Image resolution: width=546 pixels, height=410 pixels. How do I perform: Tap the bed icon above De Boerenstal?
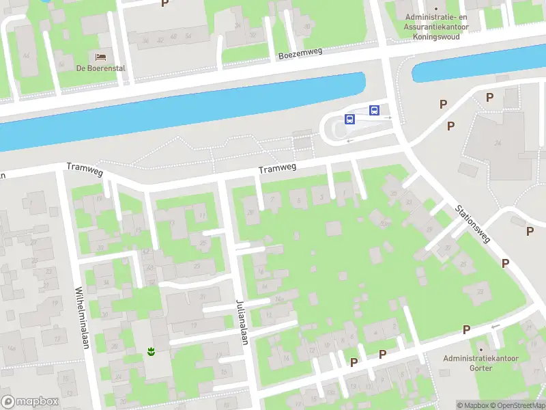coord(101,56)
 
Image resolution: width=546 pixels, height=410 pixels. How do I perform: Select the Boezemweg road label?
coord(300,53)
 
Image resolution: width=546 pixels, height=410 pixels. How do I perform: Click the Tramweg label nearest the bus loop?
coord(277,169)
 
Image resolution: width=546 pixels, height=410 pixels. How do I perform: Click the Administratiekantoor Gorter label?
coord(480,363)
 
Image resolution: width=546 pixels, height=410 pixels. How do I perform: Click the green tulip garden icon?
coord(150,352)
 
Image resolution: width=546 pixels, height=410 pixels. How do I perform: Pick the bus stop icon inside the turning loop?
coord(349,120)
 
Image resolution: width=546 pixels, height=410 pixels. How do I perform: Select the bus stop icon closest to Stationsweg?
coord(374,110)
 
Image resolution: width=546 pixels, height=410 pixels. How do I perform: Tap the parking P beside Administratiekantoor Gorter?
coord(466,329)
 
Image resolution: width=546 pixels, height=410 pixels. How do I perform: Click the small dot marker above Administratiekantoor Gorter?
coord(480,349)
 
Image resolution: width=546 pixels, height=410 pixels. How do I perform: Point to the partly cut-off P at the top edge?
coord(164,3)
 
